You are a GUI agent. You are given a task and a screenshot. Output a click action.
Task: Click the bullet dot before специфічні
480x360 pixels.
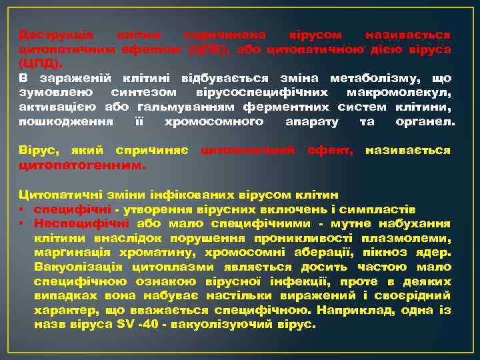(x=22, y=209)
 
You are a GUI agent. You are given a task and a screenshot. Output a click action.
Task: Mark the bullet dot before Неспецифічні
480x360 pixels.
(x=22, y=224)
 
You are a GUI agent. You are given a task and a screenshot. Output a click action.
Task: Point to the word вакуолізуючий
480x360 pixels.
(x=219, y=326)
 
